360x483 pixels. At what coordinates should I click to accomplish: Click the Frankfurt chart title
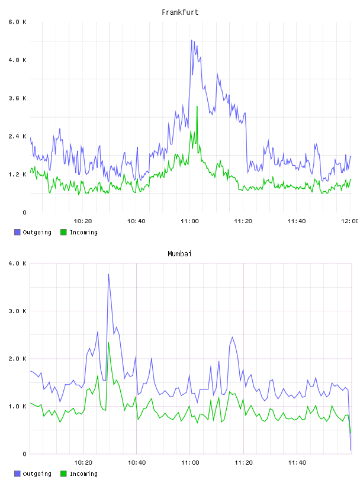coord(180,12)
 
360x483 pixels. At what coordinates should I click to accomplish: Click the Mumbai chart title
coord(179,254)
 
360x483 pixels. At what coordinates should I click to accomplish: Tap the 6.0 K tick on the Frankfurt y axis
coord(18,22)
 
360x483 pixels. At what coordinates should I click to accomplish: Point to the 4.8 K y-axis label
coord(18,60)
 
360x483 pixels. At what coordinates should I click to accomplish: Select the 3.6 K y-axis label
coord(18,98)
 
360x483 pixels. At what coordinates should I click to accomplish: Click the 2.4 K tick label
coord(18,137)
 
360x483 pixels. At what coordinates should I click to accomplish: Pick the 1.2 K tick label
coord(18,175)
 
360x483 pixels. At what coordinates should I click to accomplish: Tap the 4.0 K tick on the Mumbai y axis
coord(18,263)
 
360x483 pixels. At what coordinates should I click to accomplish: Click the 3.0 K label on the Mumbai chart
coord(18,311)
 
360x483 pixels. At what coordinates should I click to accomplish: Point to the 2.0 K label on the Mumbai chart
coord(18,359)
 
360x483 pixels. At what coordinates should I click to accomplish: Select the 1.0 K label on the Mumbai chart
coord(18,407)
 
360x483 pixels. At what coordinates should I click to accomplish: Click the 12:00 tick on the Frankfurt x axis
coord(350,221)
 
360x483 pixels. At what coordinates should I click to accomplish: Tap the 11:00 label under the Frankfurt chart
coord(190,221)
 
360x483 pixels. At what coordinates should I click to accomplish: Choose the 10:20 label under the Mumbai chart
coord(83,463)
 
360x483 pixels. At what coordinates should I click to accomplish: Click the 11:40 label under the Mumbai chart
coord(297,463)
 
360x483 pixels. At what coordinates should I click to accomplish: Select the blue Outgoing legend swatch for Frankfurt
coord(17,232)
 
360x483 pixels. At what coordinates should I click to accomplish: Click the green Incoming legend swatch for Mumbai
coord(63,474)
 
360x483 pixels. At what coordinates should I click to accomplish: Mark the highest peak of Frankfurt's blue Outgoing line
coord(192,40)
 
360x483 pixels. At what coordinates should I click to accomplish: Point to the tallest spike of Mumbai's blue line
coord(108,274)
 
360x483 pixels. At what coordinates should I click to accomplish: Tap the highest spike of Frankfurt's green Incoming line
coord(197,107)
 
